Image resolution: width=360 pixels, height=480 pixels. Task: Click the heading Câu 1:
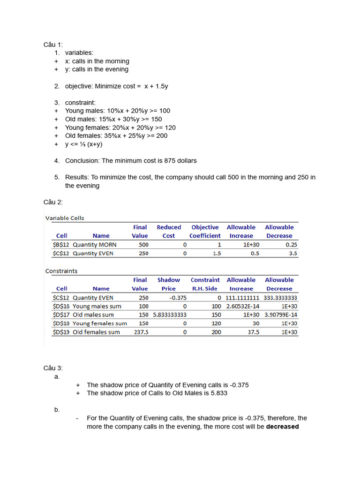click(x=53, y=45)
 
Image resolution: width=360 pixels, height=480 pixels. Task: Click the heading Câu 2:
click(x=53, y=202)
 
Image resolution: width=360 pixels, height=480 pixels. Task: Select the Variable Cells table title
click(x=65, y=218)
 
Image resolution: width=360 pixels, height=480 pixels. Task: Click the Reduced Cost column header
click(x=169, y=232)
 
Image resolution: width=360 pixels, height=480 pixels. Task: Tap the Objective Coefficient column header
click(x=205, y=232)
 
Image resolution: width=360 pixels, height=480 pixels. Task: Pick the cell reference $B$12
click(x=61, y=245)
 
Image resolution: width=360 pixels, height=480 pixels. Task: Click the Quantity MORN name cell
click(x=95, y=245)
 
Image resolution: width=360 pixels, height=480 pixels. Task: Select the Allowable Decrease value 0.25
click(x=291, y=245)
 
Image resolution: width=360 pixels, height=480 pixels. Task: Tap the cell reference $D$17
click(x=61, y=315)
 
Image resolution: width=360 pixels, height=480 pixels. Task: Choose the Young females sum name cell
click(x=100, y=323)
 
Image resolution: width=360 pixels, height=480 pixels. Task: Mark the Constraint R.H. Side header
click(x=205, y=284)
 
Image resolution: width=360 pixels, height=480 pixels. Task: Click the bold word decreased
click(x=282, y=427)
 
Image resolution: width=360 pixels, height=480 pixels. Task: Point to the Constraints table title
click(x=61, y=271)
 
